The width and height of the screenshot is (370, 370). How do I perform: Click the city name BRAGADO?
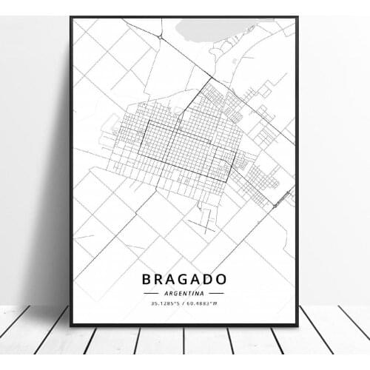click(x=185, y=280)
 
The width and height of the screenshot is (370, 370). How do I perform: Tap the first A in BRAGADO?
click(x=169, y=280)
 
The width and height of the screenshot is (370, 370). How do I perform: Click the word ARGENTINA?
click(x=185, y=294)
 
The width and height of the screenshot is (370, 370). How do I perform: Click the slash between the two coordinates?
click(x=185, y=303)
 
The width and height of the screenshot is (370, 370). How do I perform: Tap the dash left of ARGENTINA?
click(x=152, y=294)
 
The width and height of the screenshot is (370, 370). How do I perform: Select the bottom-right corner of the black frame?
click(x=297, y=325)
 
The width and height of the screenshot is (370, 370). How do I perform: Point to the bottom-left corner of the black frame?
click(x=71, y=325)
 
